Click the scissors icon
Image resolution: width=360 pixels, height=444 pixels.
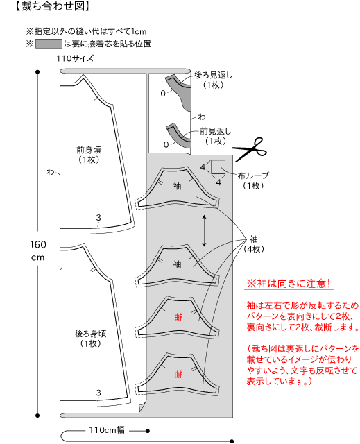(x=249, y=149)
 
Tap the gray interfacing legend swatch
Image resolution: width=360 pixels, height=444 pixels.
(x=49, y=44)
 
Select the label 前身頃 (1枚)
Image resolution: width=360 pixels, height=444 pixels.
(x=89, y=155)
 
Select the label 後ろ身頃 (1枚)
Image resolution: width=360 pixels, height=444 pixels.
(x=91, y=339)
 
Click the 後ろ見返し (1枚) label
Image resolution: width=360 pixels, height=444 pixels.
(x=213, y=80)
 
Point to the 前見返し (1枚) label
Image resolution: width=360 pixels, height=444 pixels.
(x=216, y=136)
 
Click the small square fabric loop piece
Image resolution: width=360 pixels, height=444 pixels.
(x=218, y=166)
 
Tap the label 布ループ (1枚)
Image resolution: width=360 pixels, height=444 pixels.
(x=253, y=180)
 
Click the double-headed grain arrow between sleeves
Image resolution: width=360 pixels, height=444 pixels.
(x=204, y=230)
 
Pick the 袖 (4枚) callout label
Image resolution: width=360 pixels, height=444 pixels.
(x=254, y=244)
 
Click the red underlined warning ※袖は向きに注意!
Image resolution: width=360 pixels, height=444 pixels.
(x=289, y=283)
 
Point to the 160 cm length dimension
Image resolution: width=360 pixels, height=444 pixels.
(x=37, y=250)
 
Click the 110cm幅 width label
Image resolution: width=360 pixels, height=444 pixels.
(x=107, y=430)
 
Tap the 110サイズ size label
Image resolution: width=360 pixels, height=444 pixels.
(x=75, y=58)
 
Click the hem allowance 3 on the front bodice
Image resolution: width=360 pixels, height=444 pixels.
(x=98, y=217)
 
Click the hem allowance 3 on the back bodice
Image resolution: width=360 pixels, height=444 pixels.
(x=98, y=393)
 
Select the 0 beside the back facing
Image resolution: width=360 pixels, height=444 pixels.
(x=163, y=94)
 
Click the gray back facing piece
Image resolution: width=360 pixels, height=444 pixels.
(x=179, y=92)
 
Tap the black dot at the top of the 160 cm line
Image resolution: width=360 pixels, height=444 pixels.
(x=37, y=72)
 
